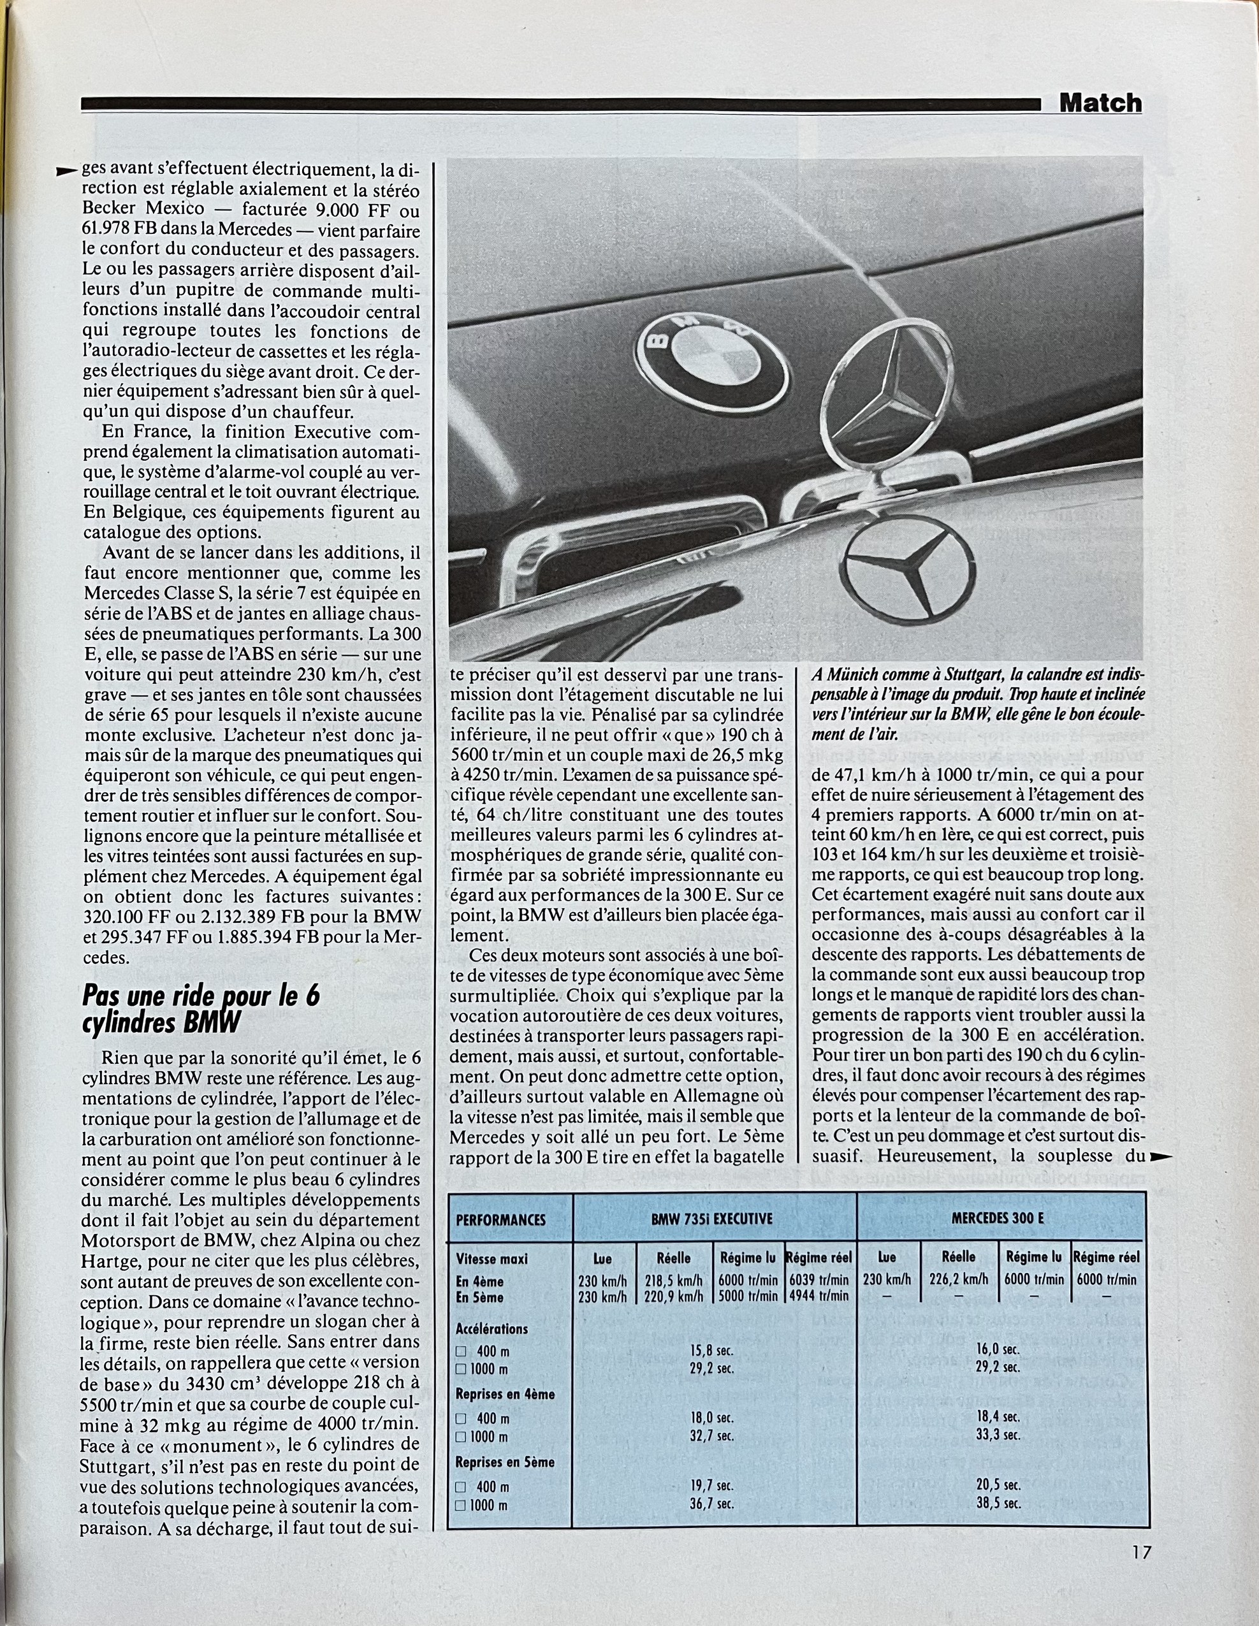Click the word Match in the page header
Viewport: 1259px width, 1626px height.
[x=1100, y=103]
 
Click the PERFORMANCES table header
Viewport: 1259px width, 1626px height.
[x=500, y=1220]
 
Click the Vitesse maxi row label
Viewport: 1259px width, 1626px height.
[x=491, y=1259]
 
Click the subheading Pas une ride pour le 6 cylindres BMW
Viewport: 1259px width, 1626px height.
[x=201, y=1009]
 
